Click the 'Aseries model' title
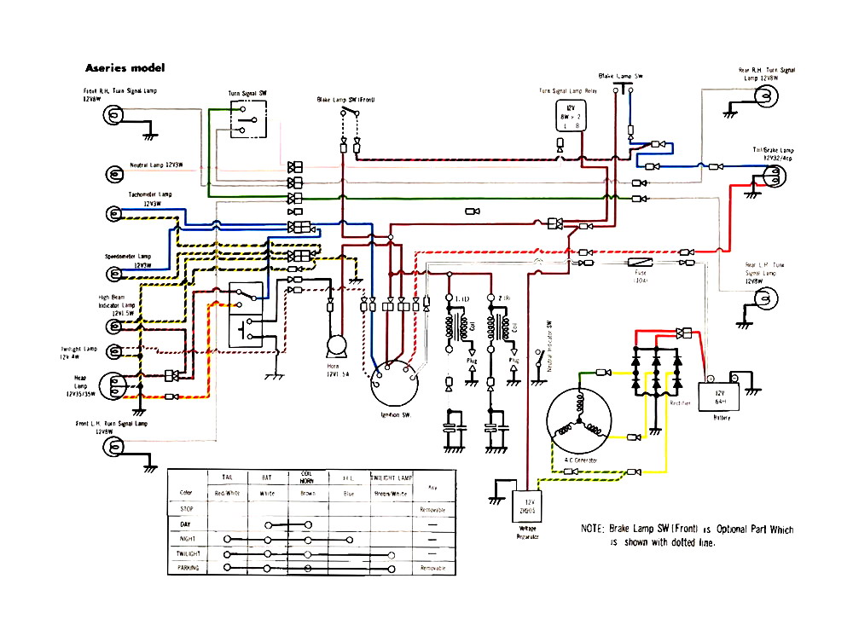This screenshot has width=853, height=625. (125, 67)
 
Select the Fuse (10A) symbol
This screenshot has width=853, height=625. (640, 265)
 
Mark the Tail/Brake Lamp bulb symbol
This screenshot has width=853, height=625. (773, 176)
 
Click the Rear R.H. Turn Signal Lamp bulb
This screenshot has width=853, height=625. (763, 101)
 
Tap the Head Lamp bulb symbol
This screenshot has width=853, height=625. (114, 385)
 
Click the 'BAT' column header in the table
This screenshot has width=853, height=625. (267, 479)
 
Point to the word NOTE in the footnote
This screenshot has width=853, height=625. (594, 530)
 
